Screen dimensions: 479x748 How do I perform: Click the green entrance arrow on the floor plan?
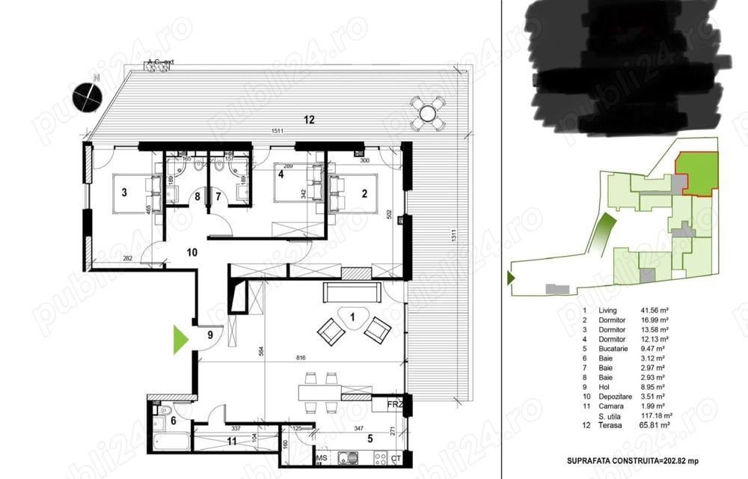pyautogui.click(x=180, y=339)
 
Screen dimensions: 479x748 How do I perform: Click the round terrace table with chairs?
pyautogui.click(x=428, y=113)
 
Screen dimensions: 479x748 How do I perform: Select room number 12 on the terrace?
pyautogui.click(x=309, y=120)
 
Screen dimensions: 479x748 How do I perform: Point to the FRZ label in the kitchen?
pyautogui.click(x=395, y=405)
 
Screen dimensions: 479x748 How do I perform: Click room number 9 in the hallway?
pyautogui.click(x=210, y=335)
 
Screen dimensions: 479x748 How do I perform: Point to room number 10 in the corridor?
pyautogui.click(x=192, y=252)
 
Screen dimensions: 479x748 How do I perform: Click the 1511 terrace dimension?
pyautogui.click(x=280, y=132)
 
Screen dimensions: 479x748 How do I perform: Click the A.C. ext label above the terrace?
pyautogui.click(x=160, y=62)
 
